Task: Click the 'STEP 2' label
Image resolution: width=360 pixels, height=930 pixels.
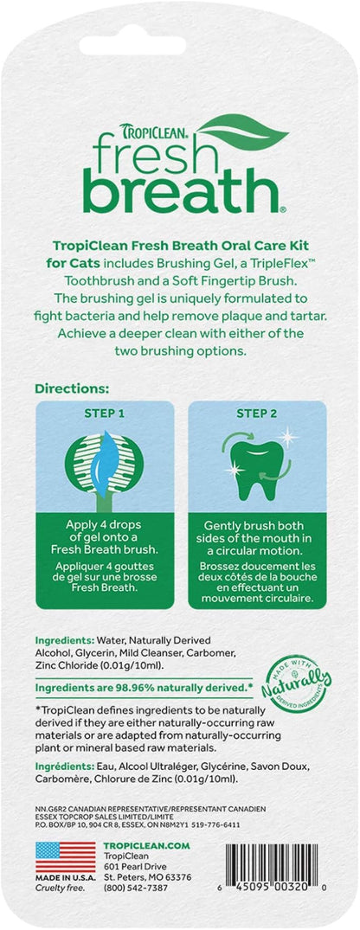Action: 251,414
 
